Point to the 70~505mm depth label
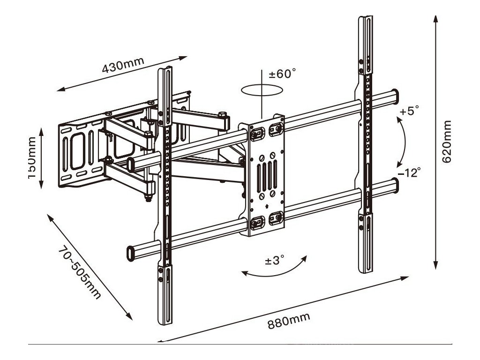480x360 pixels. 80,274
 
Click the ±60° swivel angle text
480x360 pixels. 282,74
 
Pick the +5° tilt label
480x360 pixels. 409,111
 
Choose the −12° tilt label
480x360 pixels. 409,172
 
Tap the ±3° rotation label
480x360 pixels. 275,260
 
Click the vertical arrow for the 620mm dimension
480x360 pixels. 435,141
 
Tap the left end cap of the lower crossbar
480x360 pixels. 129,252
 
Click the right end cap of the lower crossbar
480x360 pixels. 397,186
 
